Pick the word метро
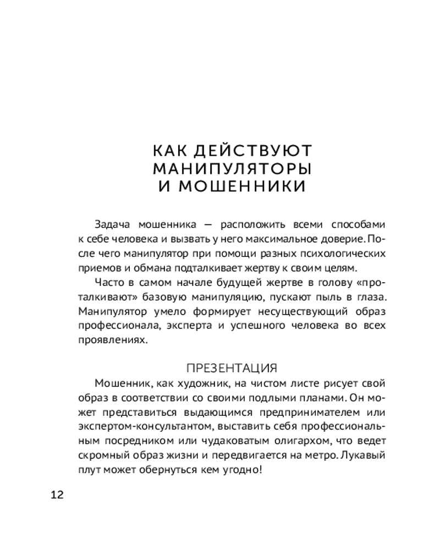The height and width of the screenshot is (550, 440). (315, 455)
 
